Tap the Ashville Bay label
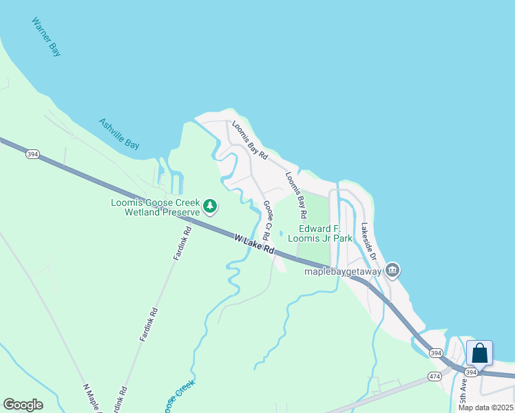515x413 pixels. click(x=118, y=134)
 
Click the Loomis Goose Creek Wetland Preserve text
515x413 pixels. click(x=156, y=207)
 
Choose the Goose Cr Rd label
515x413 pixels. click(x=268, y=220)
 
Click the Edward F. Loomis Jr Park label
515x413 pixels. click(x=325, y=233)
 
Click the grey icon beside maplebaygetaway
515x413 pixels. click(x=392, y=270)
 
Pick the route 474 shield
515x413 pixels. click(x=434, y=377)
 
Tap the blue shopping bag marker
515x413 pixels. click(x=479, y=353)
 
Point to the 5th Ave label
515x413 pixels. click(x=465, y=390)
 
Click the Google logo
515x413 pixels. click(x=23, y=405)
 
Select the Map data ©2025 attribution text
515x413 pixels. click(x=485, y=407)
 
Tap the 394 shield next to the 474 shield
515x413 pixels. click(x=435, y=352)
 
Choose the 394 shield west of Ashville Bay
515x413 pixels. click(x=32, y=154)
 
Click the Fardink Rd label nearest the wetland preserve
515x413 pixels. click(x=182, y=244)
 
